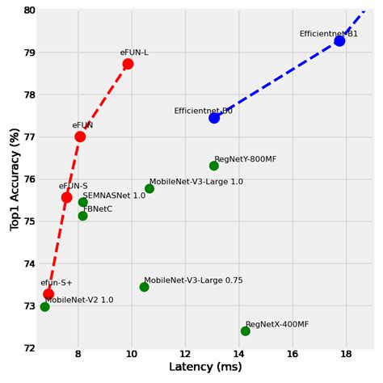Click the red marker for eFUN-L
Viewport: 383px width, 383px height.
coord(128,64)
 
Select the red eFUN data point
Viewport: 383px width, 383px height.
coord(80,137)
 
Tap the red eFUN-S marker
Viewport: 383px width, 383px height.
coord(66,197)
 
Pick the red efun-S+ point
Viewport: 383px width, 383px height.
coord(48,294)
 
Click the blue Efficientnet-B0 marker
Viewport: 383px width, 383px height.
coord(214,118)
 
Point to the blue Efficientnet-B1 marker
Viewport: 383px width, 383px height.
coord(339,40)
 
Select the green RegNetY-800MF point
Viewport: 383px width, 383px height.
coord(214,166)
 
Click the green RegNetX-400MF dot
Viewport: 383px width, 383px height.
coord(246,330)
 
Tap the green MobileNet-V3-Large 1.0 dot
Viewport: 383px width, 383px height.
coord(149,189)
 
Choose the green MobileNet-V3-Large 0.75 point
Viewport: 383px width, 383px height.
coord(144,287)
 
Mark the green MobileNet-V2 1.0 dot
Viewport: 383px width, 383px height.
coord(44,307)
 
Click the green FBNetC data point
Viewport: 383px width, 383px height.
coord(82,216)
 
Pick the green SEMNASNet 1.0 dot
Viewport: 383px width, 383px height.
coord(83,202)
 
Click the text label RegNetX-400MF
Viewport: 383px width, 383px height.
coord(277,324)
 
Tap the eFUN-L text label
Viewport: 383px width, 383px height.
coord(134,53)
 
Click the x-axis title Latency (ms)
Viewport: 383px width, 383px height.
coord(205,368)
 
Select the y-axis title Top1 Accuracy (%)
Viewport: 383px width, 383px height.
coord(15,179)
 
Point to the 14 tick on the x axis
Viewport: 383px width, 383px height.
coord(239,355)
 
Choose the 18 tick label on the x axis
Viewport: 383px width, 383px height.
coord(347,355)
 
